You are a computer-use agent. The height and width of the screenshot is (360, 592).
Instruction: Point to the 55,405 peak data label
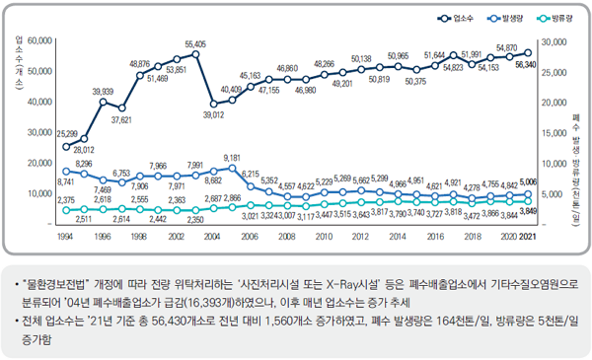click(x=195, y=44)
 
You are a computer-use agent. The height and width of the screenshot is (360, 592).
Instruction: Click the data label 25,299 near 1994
click(x=67, y=132)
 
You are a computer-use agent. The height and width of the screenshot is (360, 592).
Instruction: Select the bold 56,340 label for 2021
click(x=526, y=64)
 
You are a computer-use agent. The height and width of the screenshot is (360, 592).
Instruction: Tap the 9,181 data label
click(x=232, y=158)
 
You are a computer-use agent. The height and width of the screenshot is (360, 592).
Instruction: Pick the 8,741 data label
click(x=67, y=183)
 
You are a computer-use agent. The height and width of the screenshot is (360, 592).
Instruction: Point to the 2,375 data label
click(x=67, y=200)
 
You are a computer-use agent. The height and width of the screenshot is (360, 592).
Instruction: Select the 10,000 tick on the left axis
click(x=39, y=194)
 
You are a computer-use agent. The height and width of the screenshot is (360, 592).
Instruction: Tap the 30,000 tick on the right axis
click(x=555, y=40)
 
